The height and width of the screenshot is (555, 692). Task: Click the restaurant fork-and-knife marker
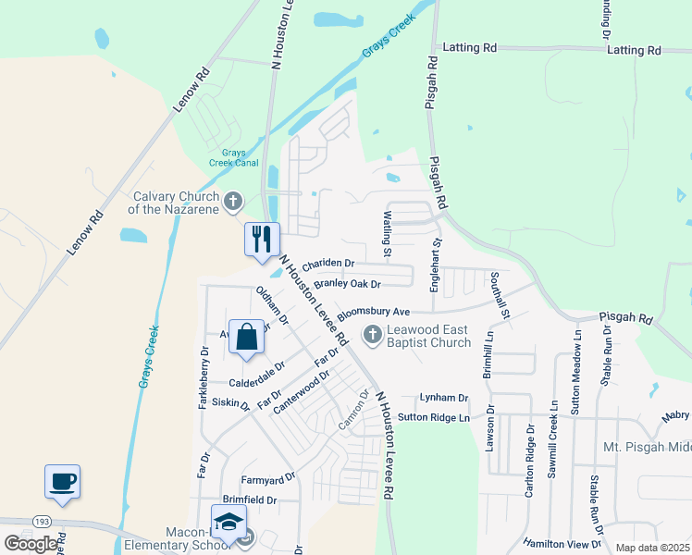pos(261,239)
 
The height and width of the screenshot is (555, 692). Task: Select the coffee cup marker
pos(62,481)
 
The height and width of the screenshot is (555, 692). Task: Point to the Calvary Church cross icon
pos(233,199)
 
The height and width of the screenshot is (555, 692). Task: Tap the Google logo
pos(30,544)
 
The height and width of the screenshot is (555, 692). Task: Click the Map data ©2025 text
pos(651,548)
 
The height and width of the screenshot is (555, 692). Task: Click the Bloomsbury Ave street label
pos(373,313)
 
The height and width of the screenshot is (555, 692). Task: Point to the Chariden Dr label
pos(328,263)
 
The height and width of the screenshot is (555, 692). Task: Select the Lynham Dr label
pos(444,397)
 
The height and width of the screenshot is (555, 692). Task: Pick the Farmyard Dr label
pos(267,478)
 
